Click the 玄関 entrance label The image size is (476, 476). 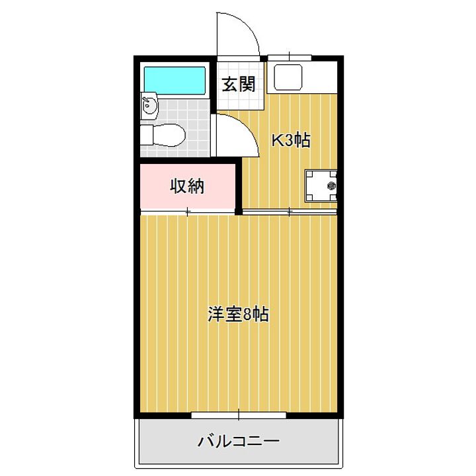239,85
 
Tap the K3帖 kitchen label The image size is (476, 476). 290,140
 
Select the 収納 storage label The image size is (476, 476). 187,186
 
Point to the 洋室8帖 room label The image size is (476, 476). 239,314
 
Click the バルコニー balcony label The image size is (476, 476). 239,441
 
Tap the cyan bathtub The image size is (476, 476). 175,81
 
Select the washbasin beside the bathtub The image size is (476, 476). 149,106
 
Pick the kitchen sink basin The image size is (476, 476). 288,77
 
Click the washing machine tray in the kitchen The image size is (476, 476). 321,186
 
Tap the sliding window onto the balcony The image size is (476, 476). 239,415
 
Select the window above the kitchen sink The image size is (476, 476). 290,58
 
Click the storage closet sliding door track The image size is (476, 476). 188,212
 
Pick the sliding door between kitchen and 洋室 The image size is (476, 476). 290,212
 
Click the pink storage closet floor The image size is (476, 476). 188,186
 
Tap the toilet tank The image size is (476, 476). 147,135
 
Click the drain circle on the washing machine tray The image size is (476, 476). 331,186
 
